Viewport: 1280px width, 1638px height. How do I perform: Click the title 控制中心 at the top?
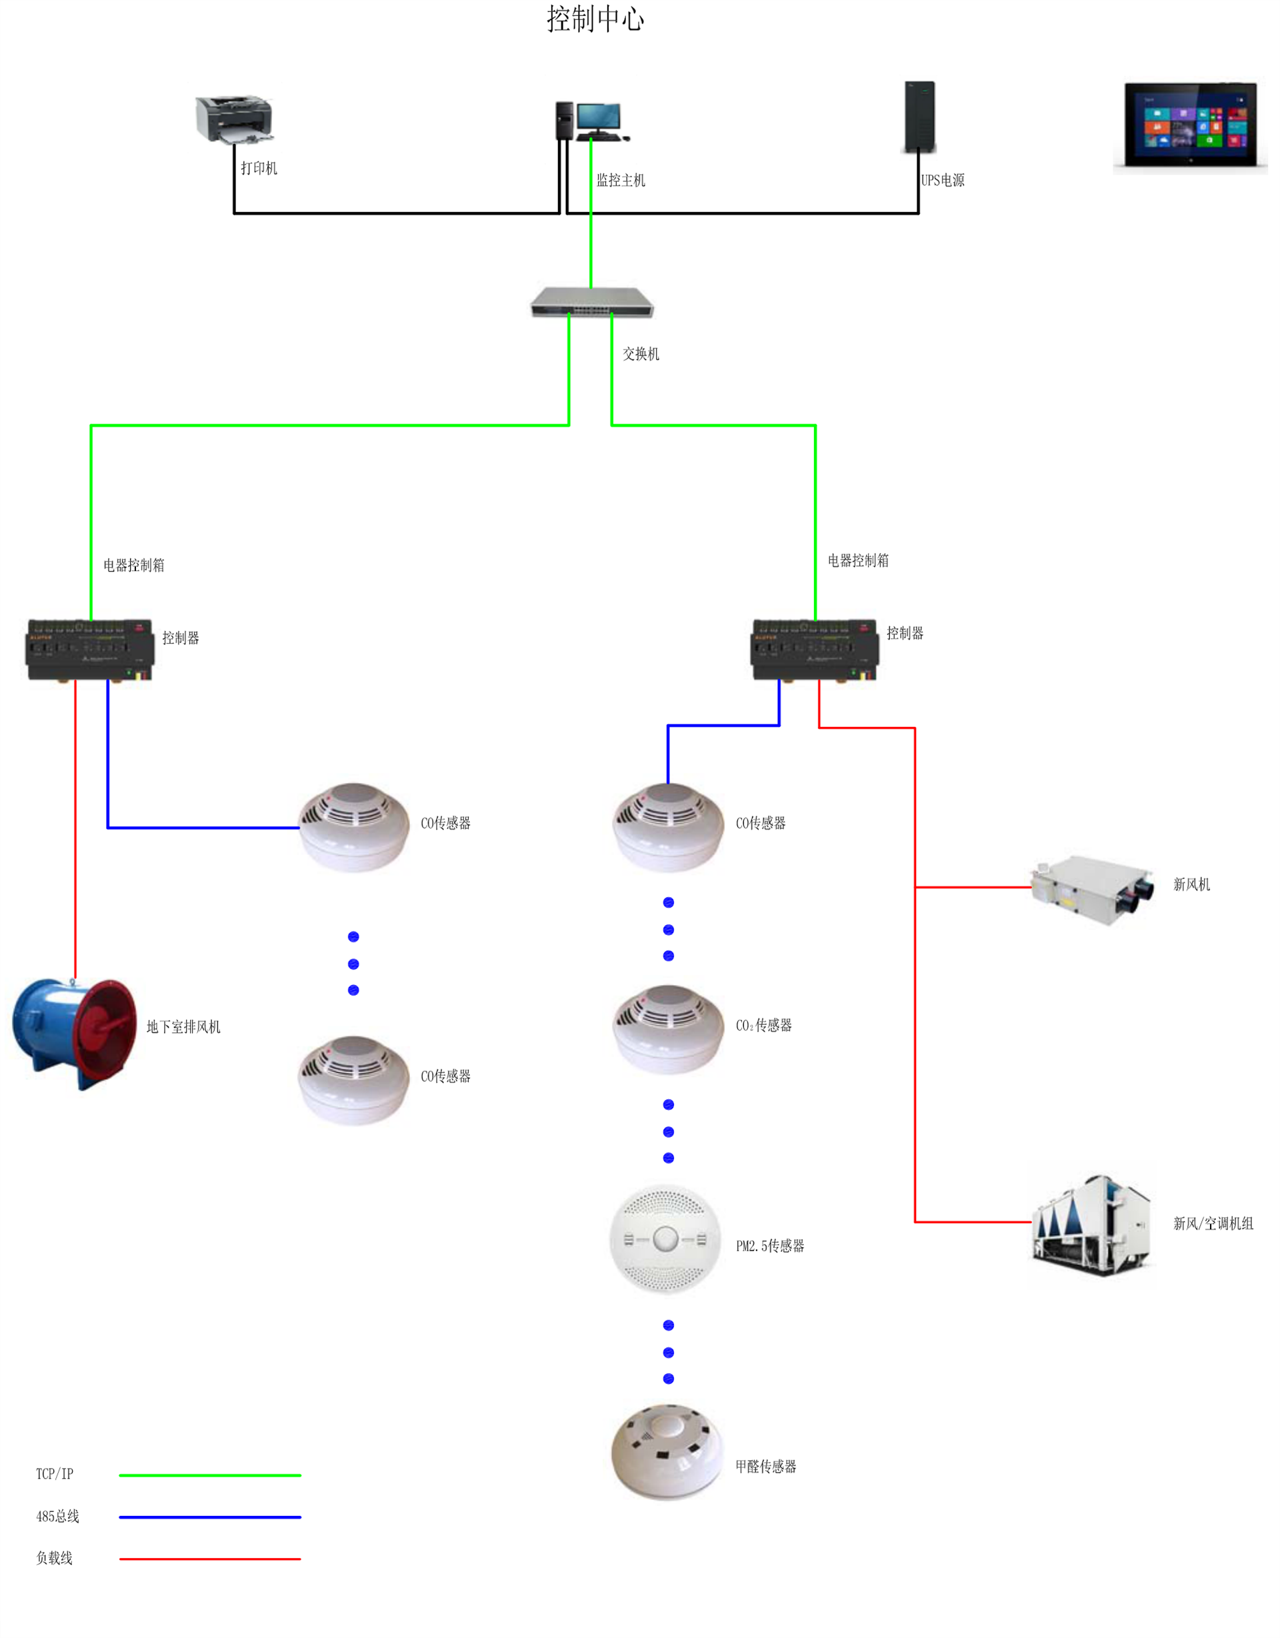(595, 19)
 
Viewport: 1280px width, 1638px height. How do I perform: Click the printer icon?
(234, 119)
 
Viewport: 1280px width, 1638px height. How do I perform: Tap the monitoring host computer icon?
(591, 121)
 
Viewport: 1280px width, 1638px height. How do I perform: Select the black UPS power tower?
(919, 117)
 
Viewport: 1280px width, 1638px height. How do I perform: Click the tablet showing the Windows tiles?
(1190, 125)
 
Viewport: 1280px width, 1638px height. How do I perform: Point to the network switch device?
(591, 301)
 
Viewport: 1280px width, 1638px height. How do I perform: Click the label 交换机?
(641, 354)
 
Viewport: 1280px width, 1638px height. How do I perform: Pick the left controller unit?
(90, 650)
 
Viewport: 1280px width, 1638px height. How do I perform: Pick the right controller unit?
(815, 650)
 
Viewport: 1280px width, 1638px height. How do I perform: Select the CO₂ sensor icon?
(668, 1029)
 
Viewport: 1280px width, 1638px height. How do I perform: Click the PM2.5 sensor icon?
(666, 1239)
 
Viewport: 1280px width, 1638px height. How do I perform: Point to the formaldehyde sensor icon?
(667, 1452)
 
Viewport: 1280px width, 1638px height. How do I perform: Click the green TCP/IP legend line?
(210, 1475)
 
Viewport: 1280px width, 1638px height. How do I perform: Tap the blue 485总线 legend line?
(210, 1517)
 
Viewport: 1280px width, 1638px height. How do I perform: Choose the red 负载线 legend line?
(210, 1559)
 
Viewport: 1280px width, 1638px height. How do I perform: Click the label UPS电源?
(943, 180)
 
